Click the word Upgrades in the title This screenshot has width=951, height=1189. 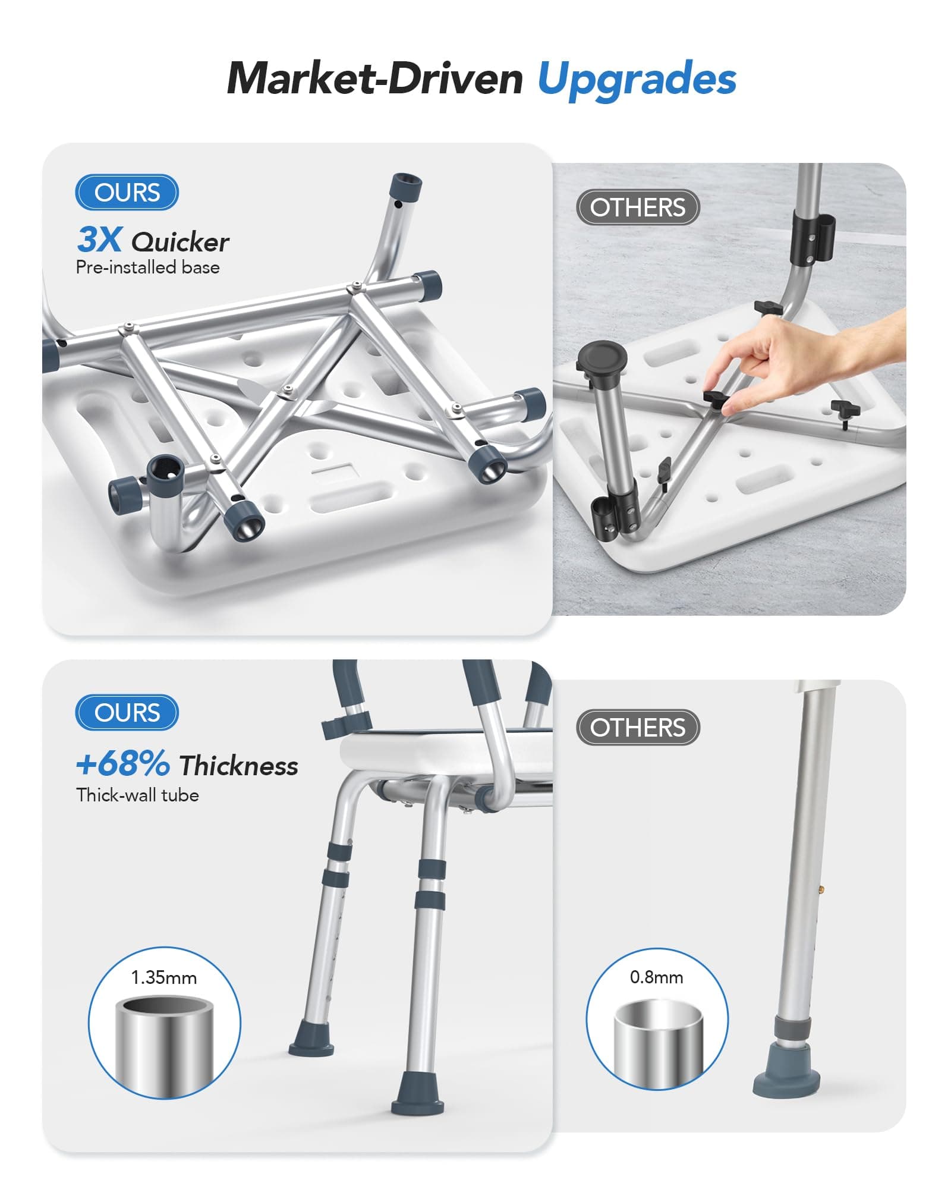[x=637, y=80]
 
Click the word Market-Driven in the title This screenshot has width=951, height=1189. [x=375, y=78]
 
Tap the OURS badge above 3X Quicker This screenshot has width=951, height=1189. [x=127, y=192]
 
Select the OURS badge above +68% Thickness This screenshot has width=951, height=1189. [x=127, y=712]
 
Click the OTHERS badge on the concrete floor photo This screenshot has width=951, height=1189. [x=638, y=207]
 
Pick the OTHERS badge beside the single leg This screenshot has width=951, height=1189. [x=638, y=728]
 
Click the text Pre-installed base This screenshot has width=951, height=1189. [x=147, y=268]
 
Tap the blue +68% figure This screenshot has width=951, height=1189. [x=123, y=763]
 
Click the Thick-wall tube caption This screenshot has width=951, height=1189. [x=137, y=795]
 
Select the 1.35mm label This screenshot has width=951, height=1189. [x=164, y=977]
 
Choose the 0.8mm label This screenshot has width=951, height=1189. [x=656, y=977]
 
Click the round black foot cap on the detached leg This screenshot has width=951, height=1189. [x=602, y=358]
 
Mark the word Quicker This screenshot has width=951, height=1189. [x=180, y=242]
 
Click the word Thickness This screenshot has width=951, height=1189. [x=238, y=766]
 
